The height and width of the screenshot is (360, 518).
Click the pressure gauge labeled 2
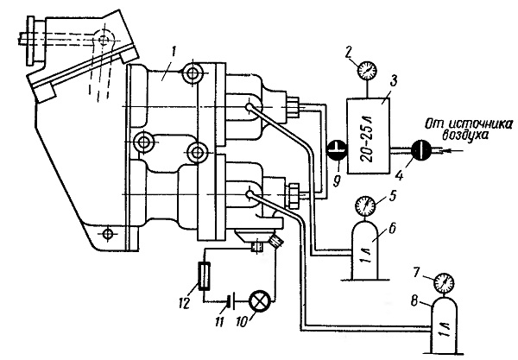click(x=367, y=70)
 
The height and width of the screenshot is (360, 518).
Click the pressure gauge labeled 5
click(x=365, y=205)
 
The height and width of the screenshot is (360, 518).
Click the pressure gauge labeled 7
click(x=444, y=283)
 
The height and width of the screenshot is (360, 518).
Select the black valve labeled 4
click(x=421, y=150)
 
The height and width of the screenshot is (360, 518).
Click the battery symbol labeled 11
click(x=231, y=301)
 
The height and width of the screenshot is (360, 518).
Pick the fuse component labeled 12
click(x=203, y=275)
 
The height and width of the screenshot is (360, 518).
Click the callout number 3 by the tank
click(x=393, y=81)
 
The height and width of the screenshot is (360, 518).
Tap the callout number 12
click(x=183, y=302)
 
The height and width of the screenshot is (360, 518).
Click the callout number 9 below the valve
click(x=337, y=181)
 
